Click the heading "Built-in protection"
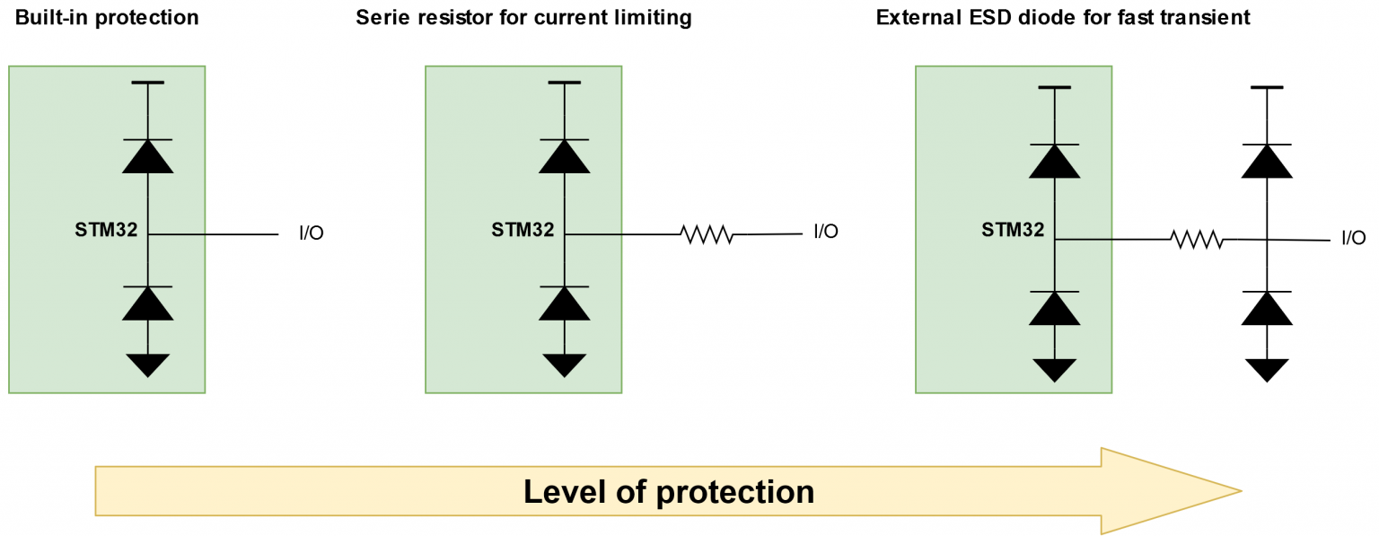point(107,17)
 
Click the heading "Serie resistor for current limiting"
point(524,17)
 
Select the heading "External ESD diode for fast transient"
point(1063,17)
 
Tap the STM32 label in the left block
point(106,229)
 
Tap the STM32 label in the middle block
point(523,229)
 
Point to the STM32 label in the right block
point(1013,229)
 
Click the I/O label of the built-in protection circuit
point(311,233)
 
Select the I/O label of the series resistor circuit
point(826,232)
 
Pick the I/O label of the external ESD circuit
point(1353,237)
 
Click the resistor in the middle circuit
point(707,235)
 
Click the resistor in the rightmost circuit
point(1196,240)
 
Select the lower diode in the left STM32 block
point(147,303)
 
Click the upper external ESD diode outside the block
point(1267,161)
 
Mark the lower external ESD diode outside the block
point(1267,308)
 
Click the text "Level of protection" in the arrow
point(669,491)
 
